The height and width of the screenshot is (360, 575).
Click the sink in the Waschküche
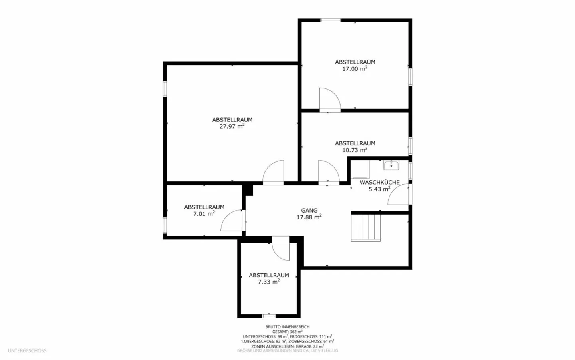(391, 165)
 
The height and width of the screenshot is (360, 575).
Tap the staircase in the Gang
(366, 227)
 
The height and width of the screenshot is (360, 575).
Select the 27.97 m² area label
(232, 127)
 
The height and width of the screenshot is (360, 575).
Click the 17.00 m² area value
(355, 69)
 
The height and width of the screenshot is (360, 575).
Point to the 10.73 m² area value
(355, 150)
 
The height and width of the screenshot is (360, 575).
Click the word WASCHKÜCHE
(379, 182)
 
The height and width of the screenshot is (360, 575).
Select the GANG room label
(309, 210)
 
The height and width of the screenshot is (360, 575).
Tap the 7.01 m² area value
(204, 214)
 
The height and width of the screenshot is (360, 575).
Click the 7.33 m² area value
(268, 282)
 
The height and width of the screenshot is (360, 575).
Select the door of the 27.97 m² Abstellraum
(274, 173)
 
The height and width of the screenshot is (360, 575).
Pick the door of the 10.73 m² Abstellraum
(328, 173)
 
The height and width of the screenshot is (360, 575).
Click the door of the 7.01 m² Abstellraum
(232, 221)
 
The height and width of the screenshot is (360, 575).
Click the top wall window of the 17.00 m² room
(331, 20)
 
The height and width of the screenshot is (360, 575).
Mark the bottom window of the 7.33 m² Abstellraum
(269, 316)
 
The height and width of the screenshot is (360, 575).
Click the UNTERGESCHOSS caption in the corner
(27, 351)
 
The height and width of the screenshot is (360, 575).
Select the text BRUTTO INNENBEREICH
(287, 327)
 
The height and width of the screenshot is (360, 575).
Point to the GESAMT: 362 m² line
(287, 332)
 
